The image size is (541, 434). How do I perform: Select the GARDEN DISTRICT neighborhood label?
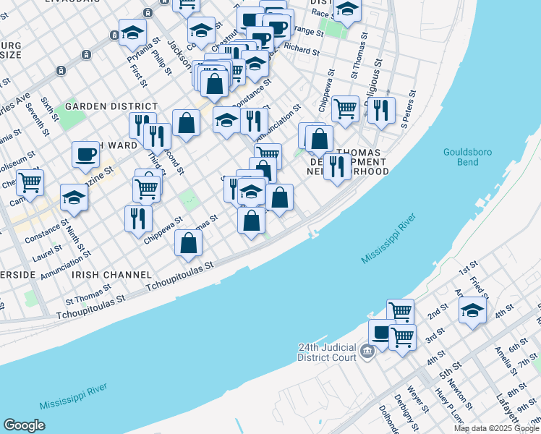tap(102, 106)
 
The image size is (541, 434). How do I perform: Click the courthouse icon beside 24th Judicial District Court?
tap(367, 352)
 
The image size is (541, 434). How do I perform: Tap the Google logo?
tap(24, 425)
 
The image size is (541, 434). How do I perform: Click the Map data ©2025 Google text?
tap(497, 428)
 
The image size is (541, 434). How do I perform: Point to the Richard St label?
tap(302, 51)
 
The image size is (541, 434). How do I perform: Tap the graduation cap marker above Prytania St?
tap(133, 31)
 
